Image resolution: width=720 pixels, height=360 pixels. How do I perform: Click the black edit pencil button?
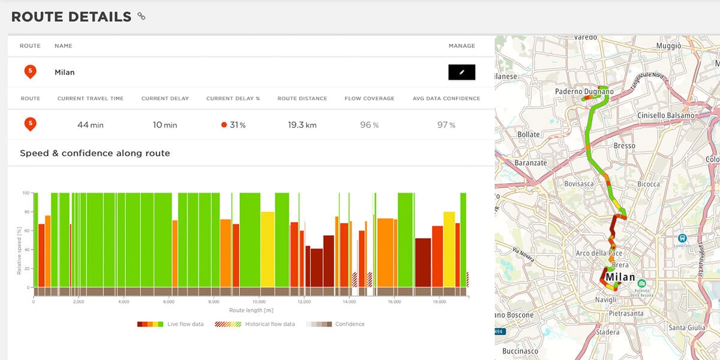[461, 72]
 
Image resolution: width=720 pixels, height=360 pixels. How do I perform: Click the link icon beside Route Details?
[141, 16]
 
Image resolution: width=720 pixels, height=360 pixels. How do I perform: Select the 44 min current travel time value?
[90, 125]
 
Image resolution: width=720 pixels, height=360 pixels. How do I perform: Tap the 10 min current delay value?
[165, 125]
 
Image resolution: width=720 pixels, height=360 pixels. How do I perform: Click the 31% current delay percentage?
[233, 125]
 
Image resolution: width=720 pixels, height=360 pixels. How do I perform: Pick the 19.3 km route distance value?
[302, 125]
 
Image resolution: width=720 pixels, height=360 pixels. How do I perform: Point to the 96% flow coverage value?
[369, 125]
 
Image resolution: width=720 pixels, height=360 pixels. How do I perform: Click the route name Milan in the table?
[64, 72]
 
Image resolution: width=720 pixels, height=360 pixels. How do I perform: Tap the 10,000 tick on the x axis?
[259, 302]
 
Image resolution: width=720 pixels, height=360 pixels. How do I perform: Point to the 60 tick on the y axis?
[26, 231]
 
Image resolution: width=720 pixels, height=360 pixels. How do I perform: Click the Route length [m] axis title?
[251, 310]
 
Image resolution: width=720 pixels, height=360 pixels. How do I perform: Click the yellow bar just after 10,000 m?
[267, 249]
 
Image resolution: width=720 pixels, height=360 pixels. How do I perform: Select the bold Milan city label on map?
[620, 277]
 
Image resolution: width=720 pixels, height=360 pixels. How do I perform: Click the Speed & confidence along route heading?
[95, 153]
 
